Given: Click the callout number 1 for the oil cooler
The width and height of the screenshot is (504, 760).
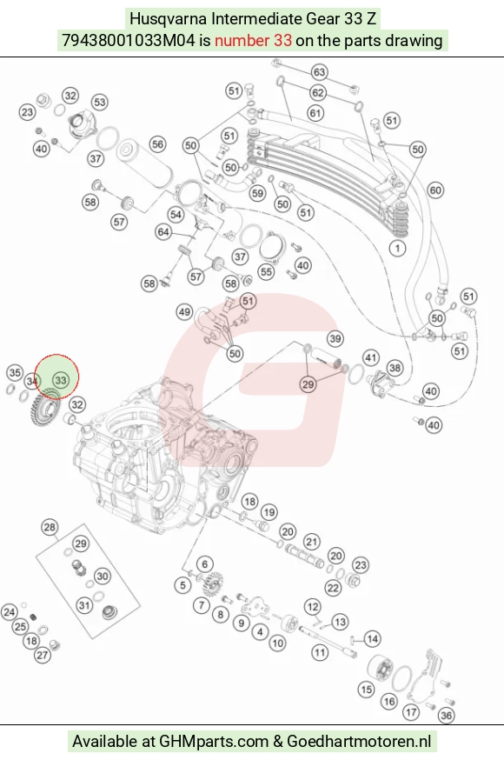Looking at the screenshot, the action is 397,249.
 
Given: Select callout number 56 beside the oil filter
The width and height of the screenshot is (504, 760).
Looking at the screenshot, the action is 157,144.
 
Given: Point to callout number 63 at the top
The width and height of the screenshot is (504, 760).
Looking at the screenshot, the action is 319,72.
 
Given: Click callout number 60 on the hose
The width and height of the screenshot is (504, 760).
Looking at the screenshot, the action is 435,190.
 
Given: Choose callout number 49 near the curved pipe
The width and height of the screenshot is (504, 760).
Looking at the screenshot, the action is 184,311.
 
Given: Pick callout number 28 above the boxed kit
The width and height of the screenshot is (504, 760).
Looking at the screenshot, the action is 50,527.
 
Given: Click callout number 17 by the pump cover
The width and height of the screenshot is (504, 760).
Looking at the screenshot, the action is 412,712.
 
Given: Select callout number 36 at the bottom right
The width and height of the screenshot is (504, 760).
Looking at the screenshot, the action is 446,716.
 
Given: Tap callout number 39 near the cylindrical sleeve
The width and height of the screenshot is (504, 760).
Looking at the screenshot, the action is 335,338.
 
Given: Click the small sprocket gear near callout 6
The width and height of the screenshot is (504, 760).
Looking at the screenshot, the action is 212,586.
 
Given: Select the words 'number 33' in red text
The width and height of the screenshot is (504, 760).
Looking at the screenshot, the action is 253,40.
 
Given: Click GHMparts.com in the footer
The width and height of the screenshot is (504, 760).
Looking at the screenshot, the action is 214,742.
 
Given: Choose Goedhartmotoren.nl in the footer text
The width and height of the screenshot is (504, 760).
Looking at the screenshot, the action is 359,742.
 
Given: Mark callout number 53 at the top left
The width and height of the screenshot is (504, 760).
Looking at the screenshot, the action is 99,103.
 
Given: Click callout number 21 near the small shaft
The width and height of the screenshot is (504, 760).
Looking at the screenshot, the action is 312,542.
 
